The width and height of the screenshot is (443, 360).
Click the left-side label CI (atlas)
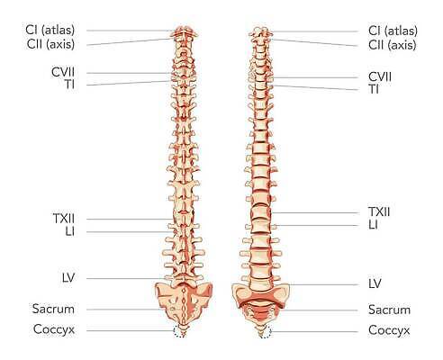pos(50,30)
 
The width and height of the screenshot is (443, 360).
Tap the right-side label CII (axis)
pos(393,45)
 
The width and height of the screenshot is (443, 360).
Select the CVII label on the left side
pos(63,72)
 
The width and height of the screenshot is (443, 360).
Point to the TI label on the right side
pos(374,89)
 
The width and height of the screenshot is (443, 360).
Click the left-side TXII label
pos(64,219)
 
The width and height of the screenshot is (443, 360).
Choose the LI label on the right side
pos(373,225)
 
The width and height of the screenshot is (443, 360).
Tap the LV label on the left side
pos(68,278)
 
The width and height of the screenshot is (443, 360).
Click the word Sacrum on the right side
pos(389,310)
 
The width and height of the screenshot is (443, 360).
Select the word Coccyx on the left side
pos(54,329)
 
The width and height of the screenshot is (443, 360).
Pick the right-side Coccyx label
pos(389,330)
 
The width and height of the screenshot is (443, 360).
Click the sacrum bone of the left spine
pos(184,303)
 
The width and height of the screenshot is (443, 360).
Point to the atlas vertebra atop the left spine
pos(184,31)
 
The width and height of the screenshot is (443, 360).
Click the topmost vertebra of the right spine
pos(260,31)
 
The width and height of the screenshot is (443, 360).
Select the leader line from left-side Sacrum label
pos(123,310)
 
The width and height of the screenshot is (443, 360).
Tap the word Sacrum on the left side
pos(53,309)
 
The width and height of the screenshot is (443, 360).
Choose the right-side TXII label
pos(379,212)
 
